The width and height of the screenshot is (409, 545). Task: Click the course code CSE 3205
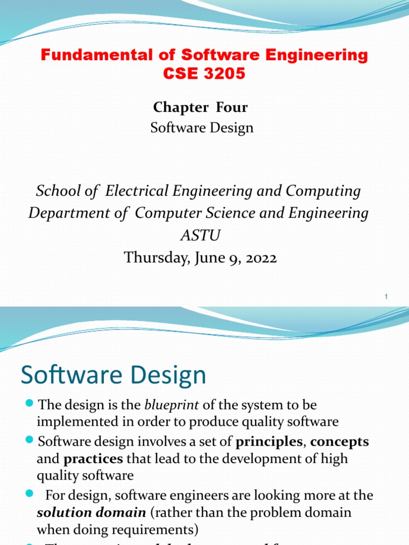pyautogui.click(x=204, y=74)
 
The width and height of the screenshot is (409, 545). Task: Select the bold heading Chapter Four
pyautogui.click(x=200, y=108)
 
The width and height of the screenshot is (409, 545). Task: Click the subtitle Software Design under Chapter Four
pyautogui.click(x=202, y=128)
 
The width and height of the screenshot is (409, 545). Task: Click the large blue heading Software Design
pyautogui.click(x=113, y=375)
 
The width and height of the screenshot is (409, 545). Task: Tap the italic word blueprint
pyautogui.click(x=171, y=405)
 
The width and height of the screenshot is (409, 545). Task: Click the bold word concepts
pyautogui.click(x=340, y=442)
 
